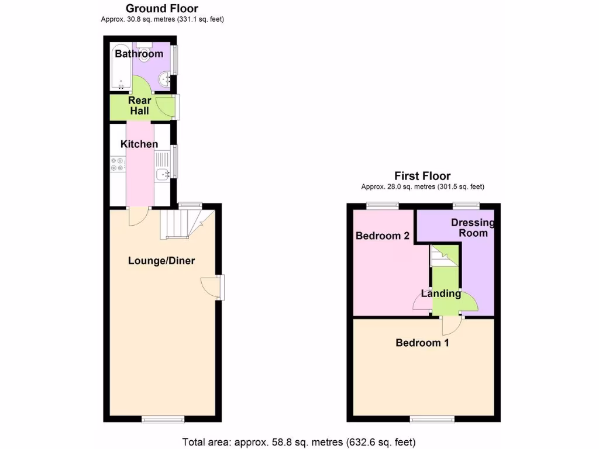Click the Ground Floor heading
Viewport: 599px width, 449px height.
pyautogui.click(x=162, y=9)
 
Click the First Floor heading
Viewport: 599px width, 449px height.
pyautogui.click(x=422, y=175)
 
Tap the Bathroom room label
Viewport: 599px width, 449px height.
pyautogui.click(x=139, y=54)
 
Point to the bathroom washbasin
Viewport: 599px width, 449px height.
pyautogui.click(x=167, y=78)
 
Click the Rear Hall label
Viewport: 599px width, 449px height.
pyautogui.click(x=139, y=106)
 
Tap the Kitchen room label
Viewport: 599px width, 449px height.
pyautogui.click(x=139, y=144)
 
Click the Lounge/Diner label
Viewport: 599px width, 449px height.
pyautogui.click(x=161, y=261)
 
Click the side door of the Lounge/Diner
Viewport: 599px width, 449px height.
pyautogui.click(x=212, y=286)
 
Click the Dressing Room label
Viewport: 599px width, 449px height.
pyautogui.click(x=473, y=228)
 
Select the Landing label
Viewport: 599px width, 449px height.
pyautogui.click(x=441, y=293)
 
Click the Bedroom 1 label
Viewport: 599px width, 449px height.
pyautogui.click(x=422, y=343)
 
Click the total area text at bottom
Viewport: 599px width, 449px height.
pyautogui.click(x=299, y=441)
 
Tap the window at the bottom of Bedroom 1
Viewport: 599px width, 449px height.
pyautogui.click(x=432, y=419)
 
